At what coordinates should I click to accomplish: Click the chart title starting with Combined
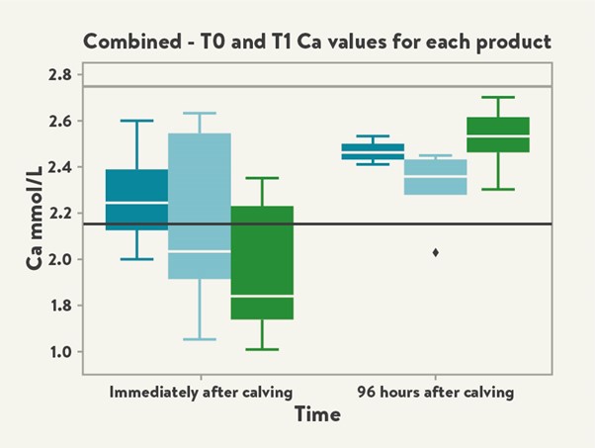pyautogui.click(x=316, y=42)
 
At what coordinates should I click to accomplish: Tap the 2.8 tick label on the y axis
pyautogui.click(x=59, y=75)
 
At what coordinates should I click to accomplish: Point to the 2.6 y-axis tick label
pyautogui.click(x=59, y=122)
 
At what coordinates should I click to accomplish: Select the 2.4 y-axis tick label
pyautogui.click(x=59, y=167)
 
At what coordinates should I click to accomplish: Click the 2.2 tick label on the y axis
pyautogui.click(x=59, y=214)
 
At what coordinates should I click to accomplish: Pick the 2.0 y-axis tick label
pyautogui.click(x=59, y=259)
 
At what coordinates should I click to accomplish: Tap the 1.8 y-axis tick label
pyautogui.click(x=59, y=306)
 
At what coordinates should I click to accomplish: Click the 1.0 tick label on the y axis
pyautogui.click(x=59, y=352)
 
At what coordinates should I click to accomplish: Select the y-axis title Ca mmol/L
pyautogui.click(x=33, y=214)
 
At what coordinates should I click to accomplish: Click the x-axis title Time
pyautogui.click(x=316, y=414)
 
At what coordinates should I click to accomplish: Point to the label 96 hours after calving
pyautogui.click(x=435, y=392)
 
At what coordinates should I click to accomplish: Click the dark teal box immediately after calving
pyautogui.click(x=136, y=199)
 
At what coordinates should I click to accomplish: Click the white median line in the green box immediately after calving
pyautogui.click(x=262, y=296)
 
